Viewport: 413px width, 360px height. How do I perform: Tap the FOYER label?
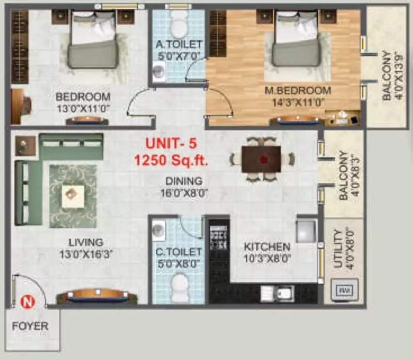[30, 326]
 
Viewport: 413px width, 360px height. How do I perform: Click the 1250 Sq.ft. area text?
[171, 160]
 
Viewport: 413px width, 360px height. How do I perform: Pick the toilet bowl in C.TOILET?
[179, 284]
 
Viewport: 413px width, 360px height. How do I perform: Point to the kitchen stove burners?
[218, 240]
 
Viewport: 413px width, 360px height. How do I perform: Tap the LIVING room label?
[86, 242]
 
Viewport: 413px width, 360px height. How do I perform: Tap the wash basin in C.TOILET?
[159, 229]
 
